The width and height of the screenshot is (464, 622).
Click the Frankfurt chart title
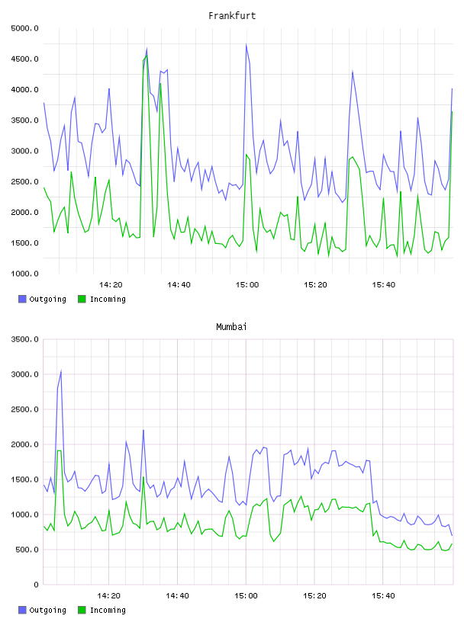(x=232, y=16)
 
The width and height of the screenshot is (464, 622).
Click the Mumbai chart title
(x=231, y=327)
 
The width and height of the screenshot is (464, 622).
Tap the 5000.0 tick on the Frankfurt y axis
(x=24, y=28)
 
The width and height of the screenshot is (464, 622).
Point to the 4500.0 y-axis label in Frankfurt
(x=24, y=59)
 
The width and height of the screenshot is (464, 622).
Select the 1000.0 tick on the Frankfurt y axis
(x=24, y=274)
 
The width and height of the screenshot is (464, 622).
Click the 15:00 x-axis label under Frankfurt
(x=246, y=285)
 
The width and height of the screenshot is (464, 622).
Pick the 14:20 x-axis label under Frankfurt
(x=111, y=285)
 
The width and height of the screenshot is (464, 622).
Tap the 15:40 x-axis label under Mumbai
(x=383, y=596)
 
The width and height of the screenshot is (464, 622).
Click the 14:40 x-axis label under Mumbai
(x=177, y=596)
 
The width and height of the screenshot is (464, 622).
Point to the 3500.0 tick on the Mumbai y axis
(x=24, y=339)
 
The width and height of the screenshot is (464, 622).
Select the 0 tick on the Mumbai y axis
(x=36, y=585)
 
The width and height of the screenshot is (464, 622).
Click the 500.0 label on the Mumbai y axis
(x=27, y=550)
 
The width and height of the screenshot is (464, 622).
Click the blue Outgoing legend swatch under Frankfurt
(x=22, y=299)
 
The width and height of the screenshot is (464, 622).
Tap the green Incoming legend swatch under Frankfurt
(x=82, y=299)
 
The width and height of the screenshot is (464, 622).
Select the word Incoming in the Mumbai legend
(x=108, y=611)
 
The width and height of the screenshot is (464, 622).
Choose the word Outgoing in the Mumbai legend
(x=47, y=611)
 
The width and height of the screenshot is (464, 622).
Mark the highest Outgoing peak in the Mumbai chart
(x=61, y=371)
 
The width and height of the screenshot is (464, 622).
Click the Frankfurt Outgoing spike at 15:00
(x=246, y=44)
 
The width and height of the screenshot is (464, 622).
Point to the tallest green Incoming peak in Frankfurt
(x=147, y=56)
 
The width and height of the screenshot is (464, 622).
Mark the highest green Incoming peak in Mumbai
(x=60, y=450)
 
